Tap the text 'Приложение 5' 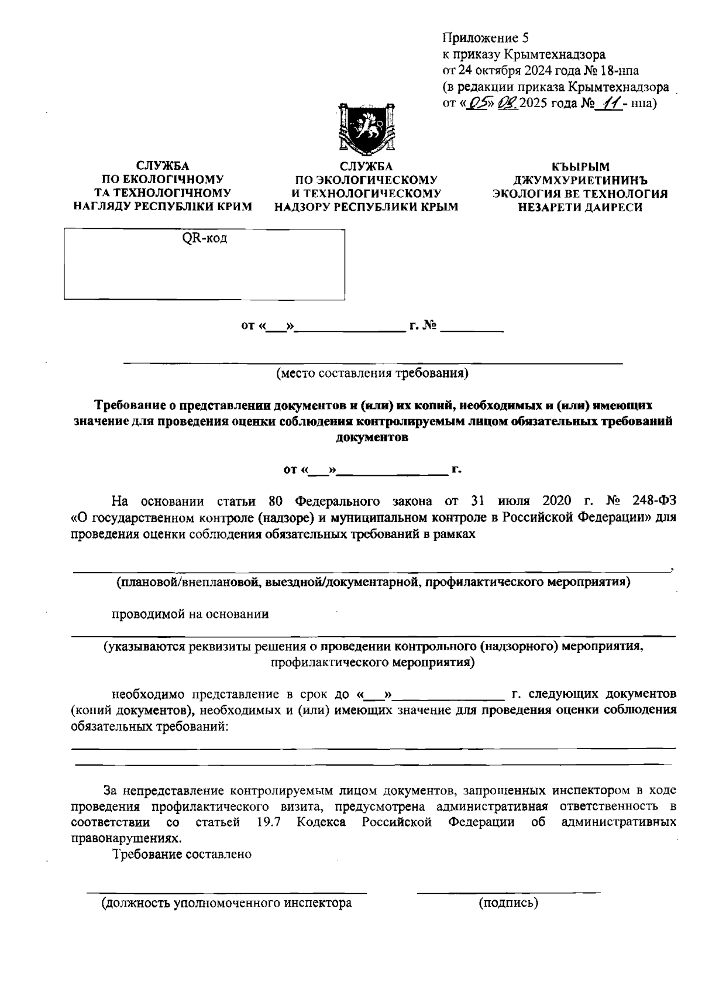tap(485, 39)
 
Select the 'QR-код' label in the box tap(204, 238)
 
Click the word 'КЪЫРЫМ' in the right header tap(580, 167)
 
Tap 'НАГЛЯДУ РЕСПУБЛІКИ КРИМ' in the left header tap(163, 206)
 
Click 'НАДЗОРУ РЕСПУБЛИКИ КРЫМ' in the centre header tap(366, 207)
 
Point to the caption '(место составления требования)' tap(373, 373)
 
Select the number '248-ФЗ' tap(654, 501)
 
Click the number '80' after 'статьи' tap(276, 501)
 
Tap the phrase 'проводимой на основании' tap(190, 614)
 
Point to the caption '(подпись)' tap(508, 903)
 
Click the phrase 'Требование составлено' tap(182, 854)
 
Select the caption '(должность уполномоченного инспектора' tap(227, 903)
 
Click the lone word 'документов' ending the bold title tap(372, 437)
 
